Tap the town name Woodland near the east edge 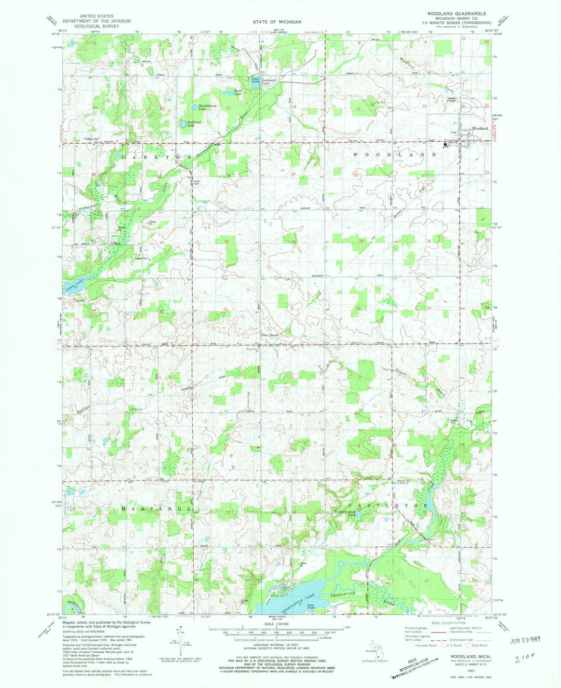click(x=479, y=128)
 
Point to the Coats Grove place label click(x=270, y=335)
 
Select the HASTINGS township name click(x=155, y=509)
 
